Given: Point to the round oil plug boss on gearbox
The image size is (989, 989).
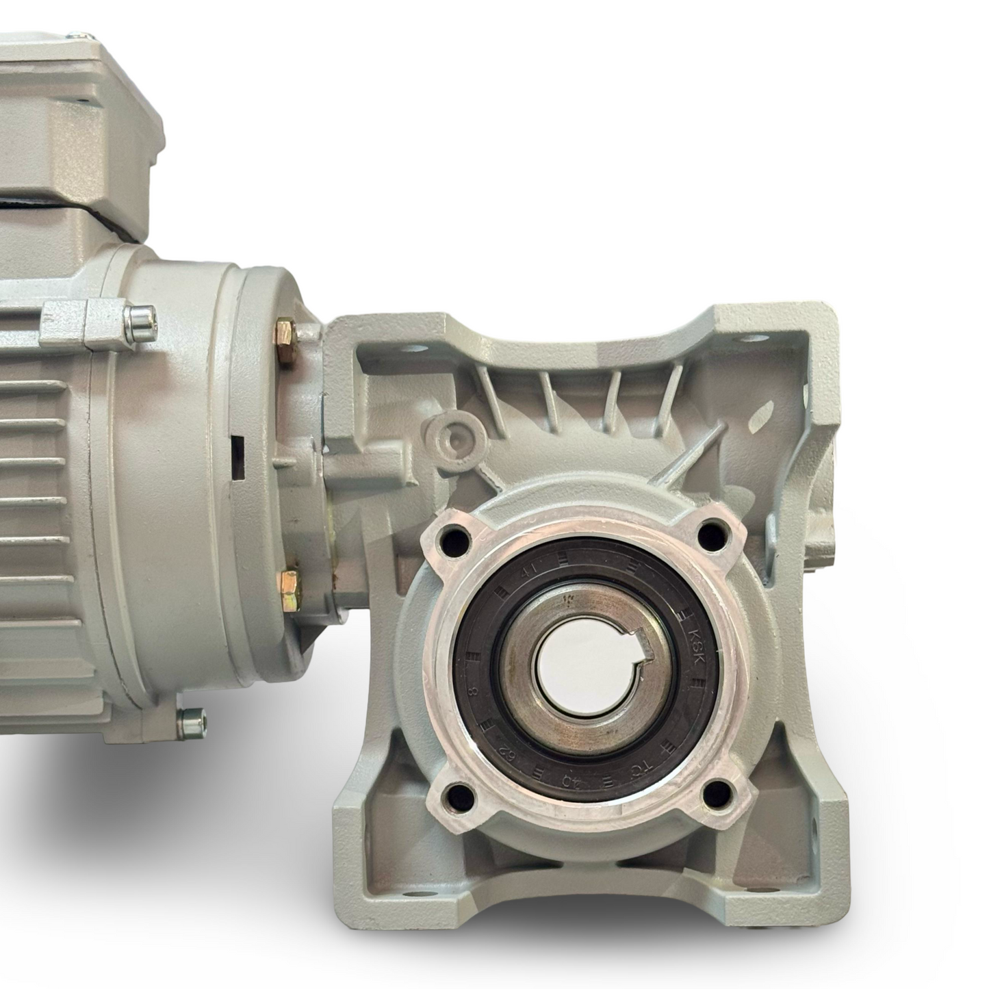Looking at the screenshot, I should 451,435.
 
